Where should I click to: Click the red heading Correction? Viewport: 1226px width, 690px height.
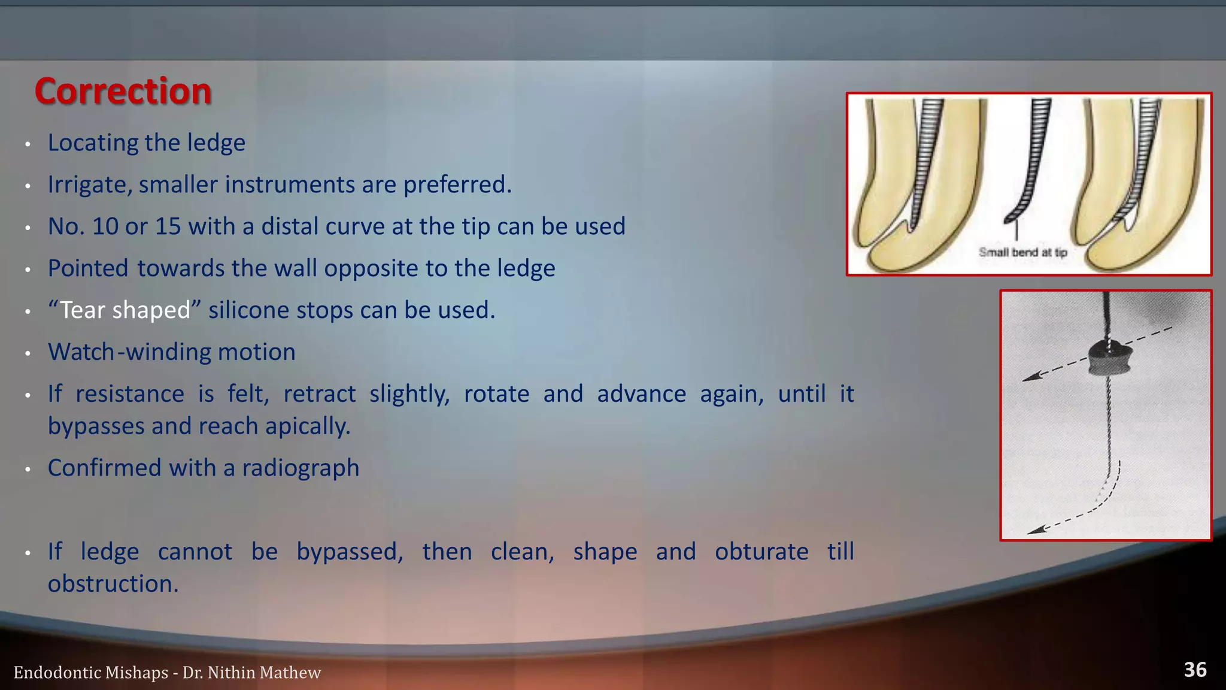tap(123, 91)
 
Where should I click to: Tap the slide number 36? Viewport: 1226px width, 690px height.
tap(1195, 670)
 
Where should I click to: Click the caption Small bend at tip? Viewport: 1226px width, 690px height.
tap(1022, 252)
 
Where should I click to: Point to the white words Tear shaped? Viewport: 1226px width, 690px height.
tap(125, 310)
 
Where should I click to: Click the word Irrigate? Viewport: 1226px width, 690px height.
tap(89, 185)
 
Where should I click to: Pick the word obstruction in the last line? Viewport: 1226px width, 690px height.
tap(113, 584)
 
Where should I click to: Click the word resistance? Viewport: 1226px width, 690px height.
tap(130, 394)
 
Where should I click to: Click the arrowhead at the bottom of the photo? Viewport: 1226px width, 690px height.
tap(1034, 529)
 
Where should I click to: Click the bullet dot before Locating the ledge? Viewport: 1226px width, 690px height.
tap(28, 144)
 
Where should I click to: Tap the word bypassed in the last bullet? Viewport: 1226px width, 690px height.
tap(350, 552)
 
